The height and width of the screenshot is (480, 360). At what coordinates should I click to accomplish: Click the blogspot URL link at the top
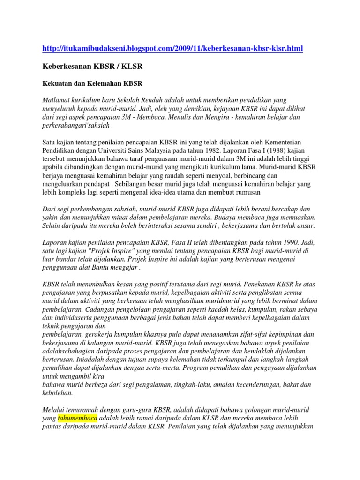click(172, 48)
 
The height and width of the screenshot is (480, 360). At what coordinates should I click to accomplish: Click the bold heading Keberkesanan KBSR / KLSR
click(92, 67)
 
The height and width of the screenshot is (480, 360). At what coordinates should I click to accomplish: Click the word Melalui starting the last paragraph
click(54, 409)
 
